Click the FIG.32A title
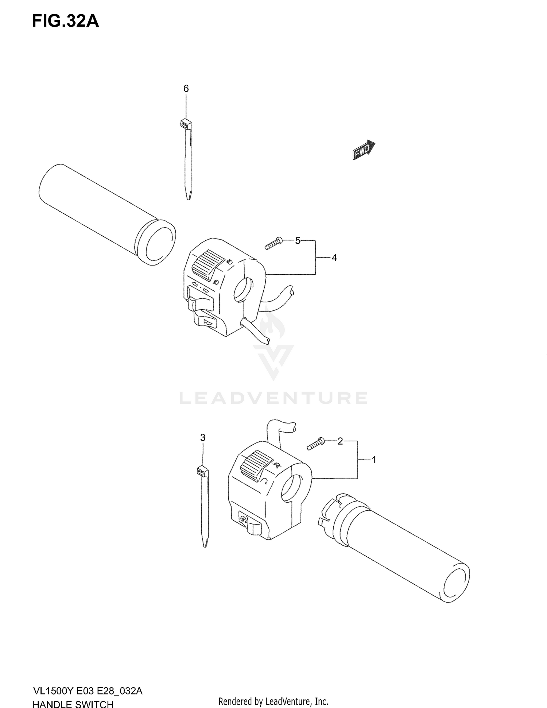[x=65, y=22]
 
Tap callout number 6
[x=186, y=88]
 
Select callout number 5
[x=298, y=241]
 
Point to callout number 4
[x=334, y=258]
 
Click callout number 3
[x=203, y=437]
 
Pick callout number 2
[x=340, y=441]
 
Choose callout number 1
[x=373, y=460]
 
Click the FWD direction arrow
[x=364, y=150]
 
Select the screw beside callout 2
[x=316, y=444]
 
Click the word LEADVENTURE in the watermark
[x=273, y=398]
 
